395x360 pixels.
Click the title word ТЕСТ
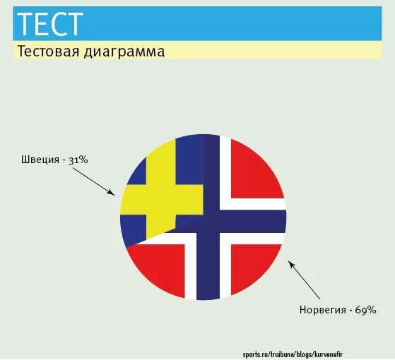point(49,24)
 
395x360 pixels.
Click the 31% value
point(78,160)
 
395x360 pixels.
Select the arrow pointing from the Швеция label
point(93,179)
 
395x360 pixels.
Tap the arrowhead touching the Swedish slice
point(111,192)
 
